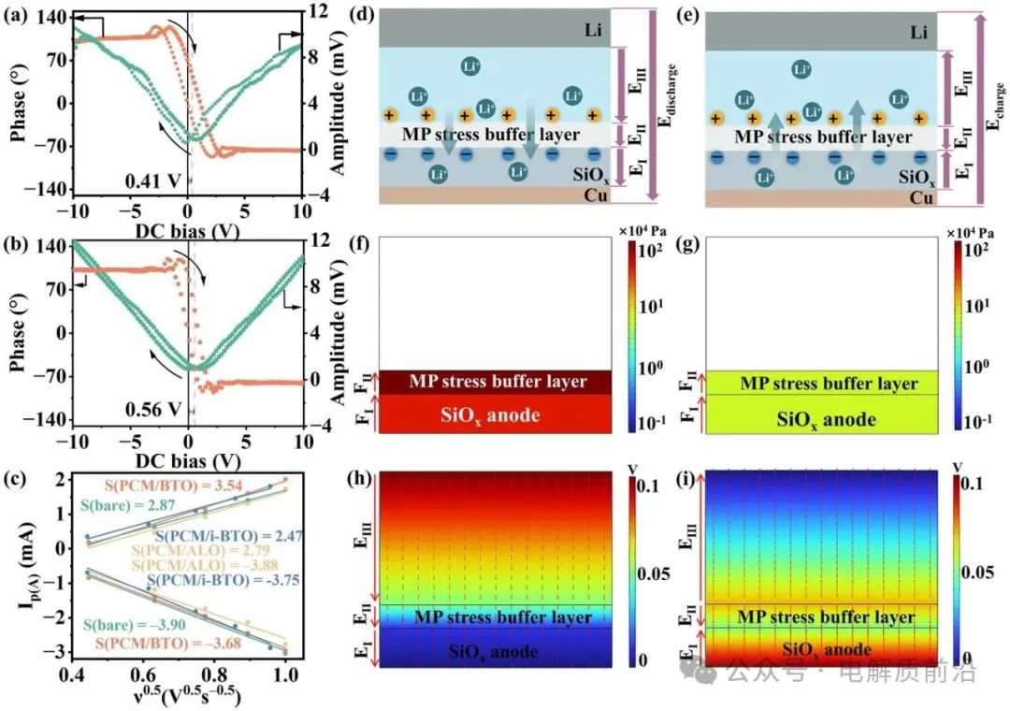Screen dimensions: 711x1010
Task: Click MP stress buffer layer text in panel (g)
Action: click(828, 384)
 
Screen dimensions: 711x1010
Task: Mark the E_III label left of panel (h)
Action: click(362, 539)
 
